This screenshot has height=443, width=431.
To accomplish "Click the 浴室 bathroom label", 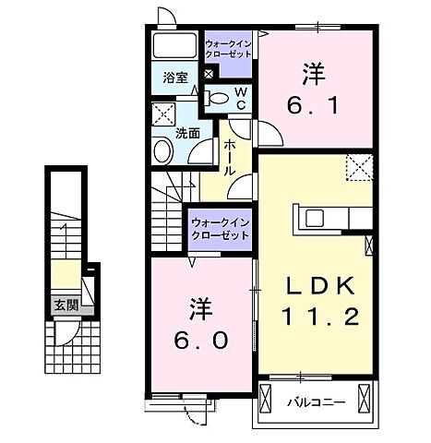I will pos(174,77).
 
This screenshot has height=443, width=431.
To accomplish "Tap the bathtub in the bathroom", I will pos(174,48).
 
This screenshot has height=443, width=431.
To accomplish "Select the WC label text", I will pos(239,98).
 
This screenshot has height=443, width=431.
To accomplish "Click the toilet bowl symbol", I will pos(217,98).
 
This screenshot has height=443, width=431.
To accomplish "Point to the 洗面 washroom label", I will pos(189,133).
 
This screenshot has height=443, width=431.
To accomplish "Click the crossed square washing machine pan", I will pos(164,114).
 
